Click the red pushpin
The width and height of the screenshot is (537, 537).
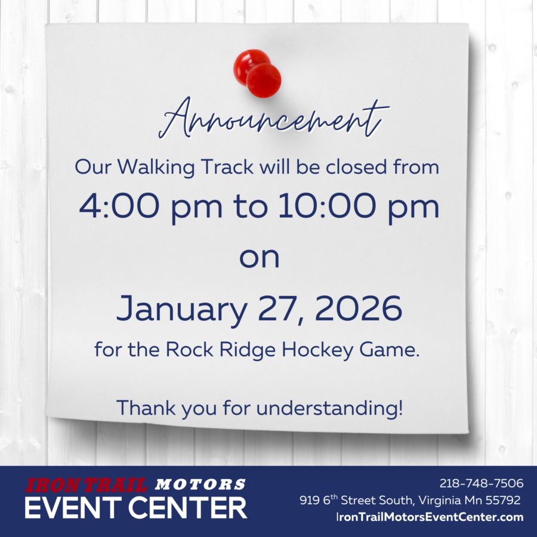(x=258, y=73)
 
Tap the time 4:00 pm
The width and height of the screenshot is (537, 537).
(x=144, y=207)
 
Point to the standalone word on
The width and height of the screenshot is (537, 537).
(x=260, y=258)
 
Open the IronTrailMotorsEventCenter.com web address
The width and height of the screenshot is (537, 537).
(x=430, y=517)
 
